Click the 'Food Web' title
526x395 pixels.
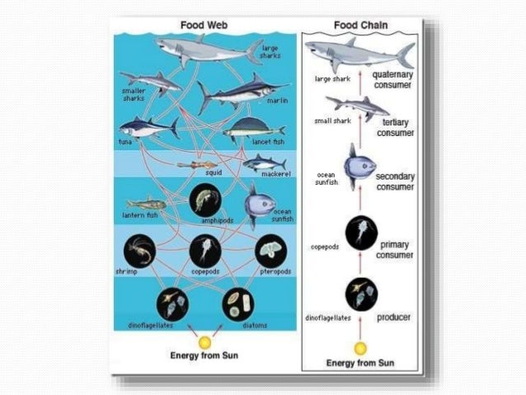point(203,25)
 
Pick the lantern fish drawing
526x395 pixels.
point(146,203)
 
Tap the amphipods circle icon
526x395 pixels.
point(204,200)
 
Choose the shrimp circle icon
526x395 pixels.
point(139,251)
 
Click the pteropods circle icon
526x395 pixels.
point(270,250)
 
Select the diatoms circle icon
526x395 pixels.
point(237,304)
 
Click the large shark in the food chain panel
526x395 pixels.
point(359,54)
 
